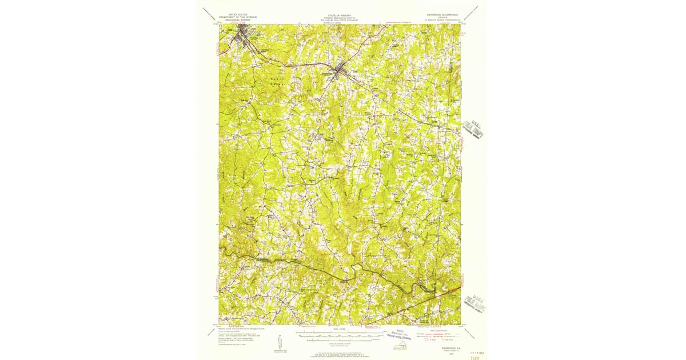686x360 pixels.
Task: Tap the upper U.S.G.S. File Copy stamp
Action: click(474, 129)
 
